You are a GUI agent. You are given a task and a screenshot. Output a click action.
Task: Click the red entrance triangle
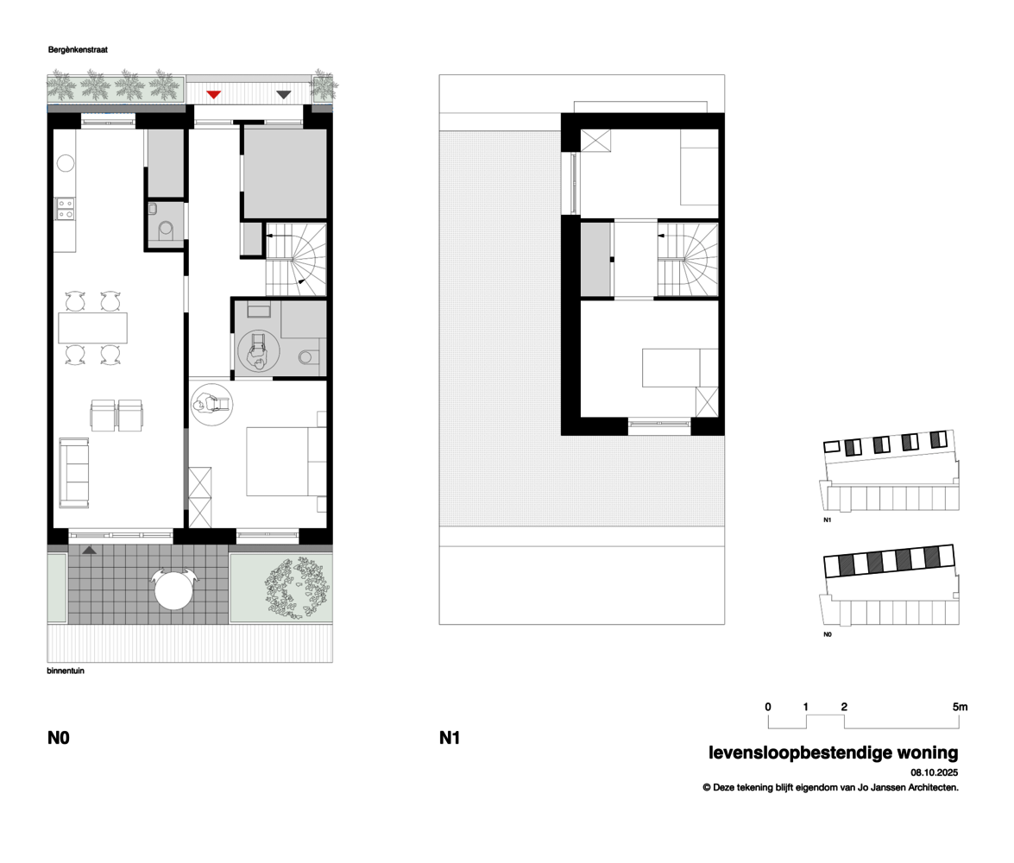click(x=213, y=94)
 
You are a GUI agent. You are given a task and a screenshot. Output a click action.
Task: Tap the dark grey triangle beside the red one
click(x=283, y=94)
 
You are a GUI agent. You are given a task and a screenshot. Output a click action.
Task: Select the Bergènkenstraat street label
click(x=78, y=50)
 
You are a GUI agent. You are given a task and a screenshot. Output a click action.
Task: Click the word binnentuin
click(x=66, y=671)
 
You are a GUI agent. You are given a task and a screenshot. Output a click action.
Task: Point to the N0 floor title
click(x=58, y=738)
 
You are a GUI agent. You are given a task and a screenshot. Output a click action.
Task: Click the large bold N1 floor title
click(x=450, y=738)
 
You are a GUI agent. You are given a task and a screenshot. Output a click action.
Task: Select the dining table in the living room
click(x=92, y=328)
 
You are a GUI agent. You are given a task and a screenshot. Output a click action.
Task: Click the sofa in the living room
click(x=73, y=473)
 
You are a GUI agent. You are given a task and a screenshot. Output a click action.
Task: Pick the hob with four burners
click(x=66, y=208)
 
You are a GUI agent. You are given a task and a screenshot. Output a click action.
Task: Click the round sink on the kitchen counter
click(x=66, y=163)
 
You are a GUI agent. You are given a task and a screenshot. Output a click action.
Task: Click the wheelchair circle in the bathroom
click(x=259, y=351)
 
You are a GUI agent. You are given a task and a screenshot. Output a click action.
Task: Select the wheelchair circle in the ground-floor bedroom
click(x=212, y=405)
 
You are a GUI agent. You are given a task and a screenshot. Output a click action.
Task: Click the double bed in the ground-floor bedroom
click(x=286, y=461)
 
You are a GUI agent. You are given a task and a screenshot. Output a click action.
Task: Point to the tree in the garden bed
click(x=297, y=589)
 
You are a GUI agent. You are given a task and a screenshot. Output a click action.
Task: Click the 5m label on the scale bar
click(x=960, y=707)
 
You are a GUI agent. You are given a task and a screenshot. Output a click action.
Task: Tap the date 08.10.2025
click(x=935, y=772)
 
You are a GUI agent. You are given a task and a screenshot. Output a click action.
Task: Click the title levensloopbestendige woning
click(x=834, y=753)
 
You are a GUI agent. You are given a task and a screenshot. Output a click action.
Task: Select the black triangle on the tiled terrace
click(x=89, y=551)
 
